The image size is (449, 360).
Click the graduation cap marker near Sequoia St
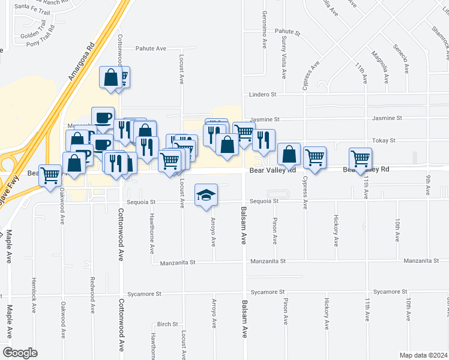pyautogui.click(x=206, y=195)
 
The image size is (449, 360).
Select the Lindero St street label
pyautogui.click(x=262, y=94)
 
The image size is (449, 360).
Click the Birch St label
pyautogui.click(x=167, y=324)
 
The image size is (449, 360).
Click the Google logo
pyautogui.click(x=20, y=352)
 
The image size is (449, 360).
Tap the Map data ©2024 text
pyautogui.click(x=423, y=355)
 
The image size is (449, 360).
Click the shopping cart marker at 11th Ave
pyautogui.click(x=360, y=158)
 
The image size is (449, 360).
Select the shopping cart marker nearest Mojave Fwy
pyautogui.click(x=50, y=175)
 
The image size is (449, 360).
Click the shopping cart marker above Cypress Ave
pyautogui.click(x=315, y=157)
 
